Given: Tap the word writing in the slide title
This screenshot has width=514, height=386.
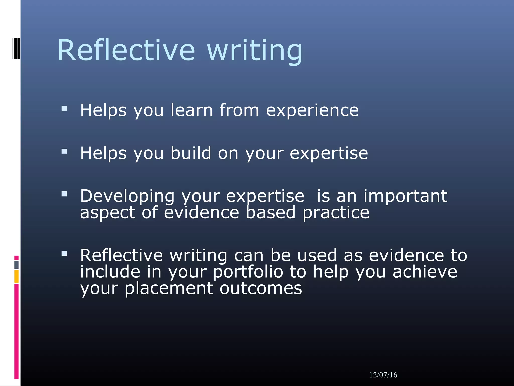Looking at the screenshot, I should [x=255, y=52].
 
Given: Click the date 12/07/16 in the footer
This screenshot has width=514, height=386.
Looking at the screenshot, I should [x=383, y=375].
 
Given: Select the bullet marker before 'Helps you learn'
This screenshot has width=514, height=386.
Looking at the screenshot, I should [x=64, y=108].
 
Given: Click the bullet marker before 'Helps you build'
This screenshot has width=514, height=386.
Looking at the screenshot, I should [x=64, y=151].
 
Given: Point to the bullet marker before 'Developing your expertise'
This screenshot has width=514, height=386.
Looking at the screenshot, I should [x=64, y=194].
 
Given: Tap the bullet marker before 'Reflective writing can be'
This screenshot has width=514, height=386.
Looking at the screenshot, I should [x=64, y=253].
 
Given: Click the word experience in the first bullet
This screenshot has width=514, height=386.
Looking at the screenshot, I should [x=312, y=111].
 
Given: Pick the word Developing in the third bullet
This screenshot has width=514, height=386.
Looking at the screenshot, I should [x=127, y=197].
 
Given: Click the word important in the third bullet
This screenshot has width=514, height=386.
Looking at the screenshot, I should [x=405, y=197].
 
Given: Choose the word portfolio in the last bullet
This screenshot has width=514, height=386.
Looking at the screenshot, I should [x=248, y=272].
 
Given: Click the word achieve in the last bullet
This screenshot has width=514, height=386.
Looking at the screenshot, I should [x=425, y=272].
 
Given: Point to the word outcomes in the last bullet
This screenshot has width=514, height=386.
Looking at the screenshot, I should [x=261, y=288].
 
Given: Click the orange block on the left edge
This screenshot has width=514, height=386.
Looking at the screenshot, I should [x=16, y=276].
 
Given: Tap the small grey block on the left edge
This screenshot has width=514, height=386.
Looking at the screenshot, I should [x=16, y=265].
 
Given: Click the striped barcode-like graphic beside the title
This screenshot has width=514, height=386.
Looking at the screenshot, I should [x=16, y=49].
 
